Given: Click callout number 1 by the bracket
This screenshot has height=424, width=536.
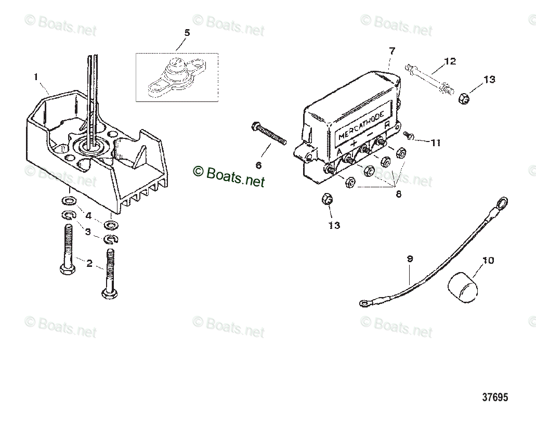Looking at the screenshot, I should (36, 77).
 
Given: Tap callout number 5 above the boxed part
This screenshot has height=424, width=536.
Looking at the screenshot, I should (187, 33).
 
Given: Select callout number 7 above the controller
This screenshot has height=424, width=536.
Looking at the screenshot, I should (392, 51).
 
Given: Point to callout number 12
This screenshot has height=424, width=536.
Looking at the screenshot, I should (450, 61).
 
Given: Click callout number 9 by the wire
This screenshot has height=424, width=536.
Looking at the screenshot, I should (410, 259).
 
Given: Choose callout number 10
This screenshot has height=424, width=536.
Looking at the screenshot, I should (488, 260).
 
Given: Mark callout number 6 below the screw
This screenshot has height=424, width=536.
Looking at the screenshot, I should (258, 165).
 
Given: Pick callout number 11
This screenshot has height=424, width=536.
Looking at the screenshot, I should (435, 142).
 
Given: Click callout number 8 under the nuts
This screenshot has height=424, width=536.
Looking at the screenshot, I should (398, 194).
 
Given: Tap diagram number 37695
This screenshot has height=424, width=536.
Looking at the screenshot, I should (494, 397).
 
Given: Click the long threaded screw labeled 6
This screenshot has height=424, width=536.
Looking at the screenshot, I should (269, 134).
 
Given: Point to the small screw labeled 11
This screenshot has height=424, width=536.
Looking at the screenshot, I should (410, 136).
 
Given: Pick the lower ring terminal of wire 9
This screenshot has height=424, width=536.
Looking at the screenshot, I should (365, 302).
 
